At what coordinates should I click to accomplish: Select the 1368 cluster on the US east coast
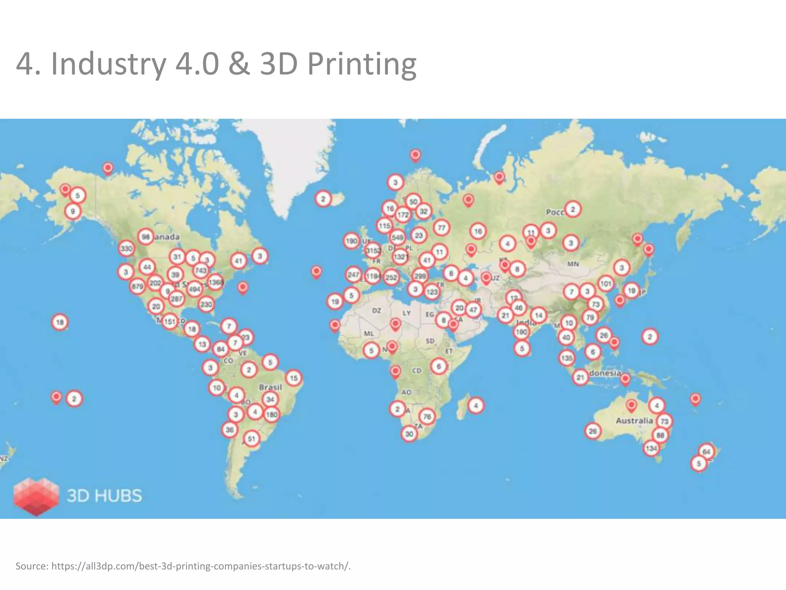pyautogui.click(x=216, y=282)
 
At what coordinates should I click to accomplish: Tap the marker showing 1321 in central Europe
pyautogui.click(x=400, y=257)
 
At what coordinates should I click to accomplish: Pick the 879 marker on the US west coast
pyautogui.click(x=137, y=286)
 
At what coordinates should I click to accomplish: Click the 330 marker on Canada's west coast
pyautogui.click(x=127, y=249)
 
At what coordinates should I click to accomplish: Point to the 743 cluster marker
pyautogui.click(x=201, y=270)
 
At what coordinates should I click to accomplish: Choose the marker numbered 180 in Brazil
pyautogui.click(x=272, y=414)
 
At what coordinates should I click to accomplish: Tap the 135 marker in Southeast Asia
pyautogui.click(x=567, y=358)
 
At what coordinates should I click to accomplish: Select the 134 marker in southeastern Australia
pyautogui.click(x=651, y=448)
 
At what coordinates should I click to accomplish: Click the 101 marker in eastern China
pyautogui.click(x=606, y=284)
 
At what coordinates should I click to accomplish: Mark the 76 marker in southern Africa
pyautogui.click(x=427, y=416)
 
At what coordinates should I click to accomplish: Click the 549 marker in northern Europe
pyautogui.click(x=398, y=237)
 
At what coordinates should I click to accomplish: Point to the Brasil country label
pyautogui.click(x=270, y=387)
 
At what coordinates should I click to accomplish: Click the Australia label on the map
pyautogui.click(x=634, y=420)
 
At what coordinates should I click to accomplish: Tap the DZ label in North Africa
pyautogui.click(x=376, y=310)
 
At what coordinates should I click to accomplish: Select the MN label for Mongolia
pyautogui.click(x=573, y=264)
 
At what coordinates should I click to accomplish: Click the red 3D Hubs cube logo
pyautogui.click(x=36, y=496)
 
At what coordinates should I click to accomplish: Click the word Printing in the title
pyautogui.click(x=362, y=64)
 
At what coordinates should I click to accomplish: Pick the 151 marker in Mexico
pyautogui.click(x=170, y=322)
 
